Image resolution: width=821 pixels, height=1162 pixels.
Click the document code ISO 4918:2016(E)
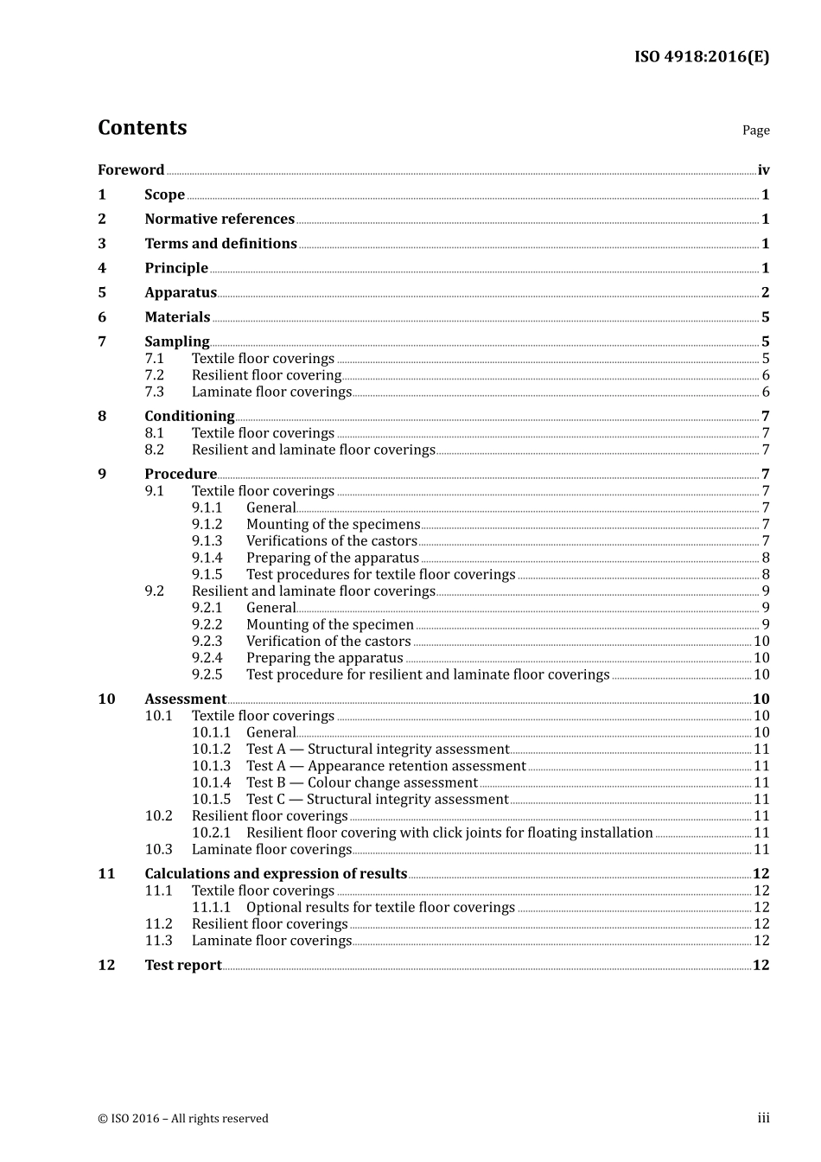click(701, 57)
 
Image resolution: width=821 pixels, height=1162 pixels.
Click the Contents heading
click(142, 128)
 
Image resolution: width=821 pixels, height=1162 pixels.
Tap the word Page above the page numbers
click(755, 131)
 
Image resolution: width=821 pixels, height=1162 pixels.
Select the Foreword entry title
click(130, 170)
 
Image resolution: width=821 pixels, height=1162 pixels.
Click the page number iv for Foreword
click(763, 170)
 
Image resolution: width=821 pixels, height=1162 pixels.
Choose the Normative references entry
click(220, 220)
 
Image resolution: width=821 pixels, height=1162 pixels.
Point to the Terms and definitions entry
click(220, 244)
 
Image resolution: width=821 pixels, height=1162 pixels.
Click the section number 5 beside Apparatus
click(102, 293)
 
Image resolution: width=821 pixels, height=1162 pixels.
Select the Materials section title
click(177, 317)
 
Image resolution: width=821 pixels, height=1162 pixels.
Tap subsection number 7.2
click(154, 375)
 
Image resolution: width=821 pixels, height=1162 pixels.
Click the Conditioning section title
click(189, 416)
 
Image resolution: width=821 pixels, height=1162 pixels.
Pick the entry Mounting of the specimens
click(333, 525)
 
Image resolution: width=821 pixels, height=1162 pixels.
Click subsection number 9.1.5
click(207, 575)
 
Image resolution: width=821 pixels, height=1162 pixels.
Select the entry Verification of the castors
click(328, 642)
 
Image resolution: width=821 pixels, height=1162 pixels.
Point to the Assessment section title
click(185, 699)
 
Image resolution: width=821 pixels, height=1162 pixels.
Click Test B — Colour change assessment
click(361, 783)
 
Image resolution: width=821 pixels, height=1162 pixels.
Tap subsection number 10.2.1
click(211, 833)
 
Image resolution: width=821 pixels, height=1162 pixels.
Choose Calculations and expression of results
click(276, 874)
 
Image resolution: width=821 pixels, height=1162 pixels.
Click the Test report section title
click(183, 966)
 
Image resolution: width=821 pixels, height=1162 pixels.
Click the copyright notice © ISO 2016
click(183, 1119)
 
